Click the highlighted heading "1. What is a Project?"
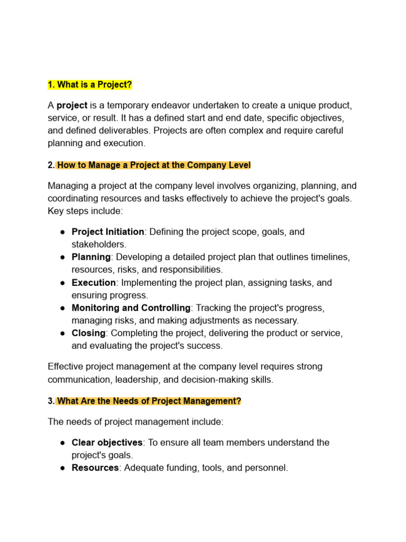(89, 85)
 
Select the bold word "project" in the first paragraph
(72, 105)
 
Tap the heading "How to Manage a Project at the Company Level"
(153, 165)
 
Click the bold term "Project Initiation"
(108, 232)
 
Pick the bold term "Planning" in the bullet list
(91, 257)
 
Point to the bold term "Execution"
(94, 283)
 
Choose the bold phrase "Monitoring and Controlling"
(131, 308)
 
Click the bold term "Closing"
(89, 333)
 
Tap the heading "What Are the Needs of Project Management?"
(149, 401)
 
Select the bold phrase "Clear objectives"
(107, 442)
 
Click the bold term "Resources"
(95, 468)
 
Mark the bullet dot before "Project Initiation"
(62, 232)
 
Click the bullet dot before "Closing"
(62, 333)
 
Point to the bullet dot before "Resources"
(62, 468)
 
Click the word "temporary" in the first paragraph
(119, 105)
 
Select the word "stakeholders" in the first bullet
(99, 244)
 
